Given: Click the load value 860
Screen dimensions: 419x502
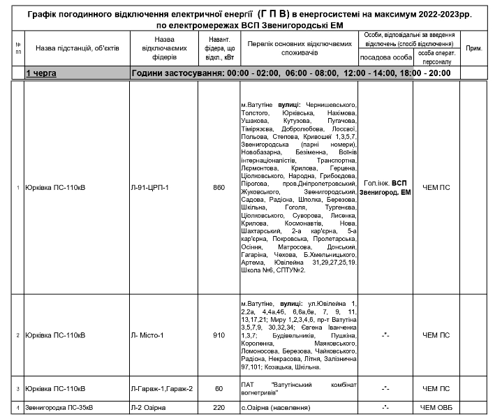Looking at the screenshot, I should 219,188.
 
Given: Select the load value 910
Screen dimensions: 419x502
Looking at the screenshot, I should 219,335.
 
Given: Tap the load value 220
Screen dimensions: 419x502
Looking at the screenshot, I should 219,407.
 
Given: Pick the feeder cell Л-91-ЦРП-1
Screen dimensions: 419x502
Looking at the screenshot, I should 150,188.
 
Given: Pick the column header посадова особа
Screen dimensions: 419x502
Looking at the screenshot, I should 385,57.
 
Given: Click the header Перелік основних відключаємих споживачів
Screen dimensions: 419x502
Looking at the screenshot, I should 298,47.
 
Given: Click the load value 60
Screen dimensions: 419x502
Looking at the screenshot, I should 219,388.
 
